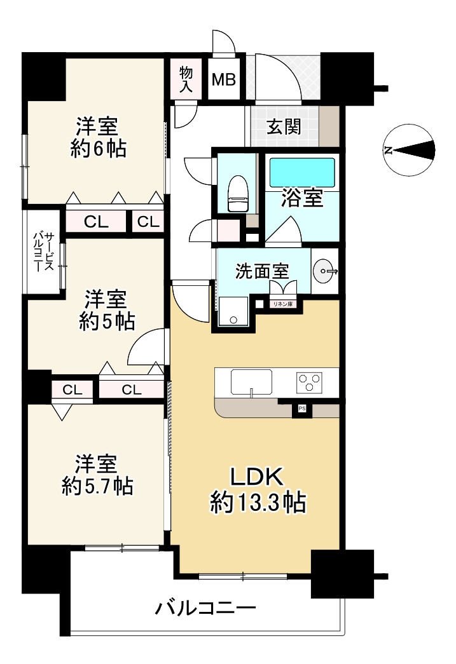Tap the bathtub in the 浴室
(x=302, y=172)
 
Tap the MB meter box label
(x=224, y=80)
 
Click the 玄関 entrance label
(x=283, y=127)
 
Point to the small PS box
(x=301, y=409)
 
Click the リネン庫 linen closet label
(x=283, y=304)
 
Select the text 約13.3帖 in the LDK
(x=258, y=504)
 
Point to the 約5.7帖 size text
(x=97, y=486)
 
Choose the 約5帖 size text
(x=106, y=322)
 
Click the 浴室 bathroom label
(x=302, y=198)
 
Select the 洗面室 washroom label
(x=262, y=271)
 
